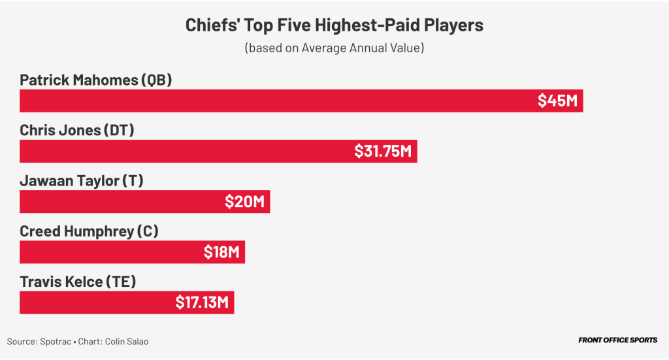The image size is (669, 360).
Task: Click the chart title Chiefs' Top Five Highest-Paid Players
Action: [334, 25]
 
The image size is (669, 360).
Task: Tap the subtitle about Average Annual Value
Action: [334, 48]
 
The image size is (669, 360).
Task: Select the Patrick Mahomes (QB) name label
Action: [95, 80]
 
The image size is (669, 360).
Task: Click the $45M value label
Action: [557, 101]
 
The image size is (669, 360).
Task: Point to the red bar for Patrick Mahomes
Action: [274, 101]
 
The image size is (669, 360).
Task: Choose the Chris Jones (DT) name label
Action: [76, 130]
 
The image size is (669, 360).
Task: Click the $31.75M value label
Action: [383, 152]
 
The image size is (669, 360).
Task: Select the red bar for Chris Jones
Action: [183, 152]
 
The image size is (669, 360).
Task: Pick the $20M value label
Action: [244, 202]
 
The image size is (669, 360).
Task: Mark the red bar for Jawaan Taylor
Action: [118, 202]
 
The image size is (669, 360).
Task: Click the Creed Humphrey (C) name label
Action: [89, 231]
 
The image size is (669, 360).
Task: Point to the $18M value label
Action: [221, 252]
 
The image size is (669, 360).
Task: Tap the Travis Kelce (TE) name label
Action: [77, 282]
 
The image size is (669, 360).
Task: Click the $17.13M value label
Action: [202, 303]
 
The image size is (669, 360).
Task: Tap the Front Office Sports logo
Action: [617, 340]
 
